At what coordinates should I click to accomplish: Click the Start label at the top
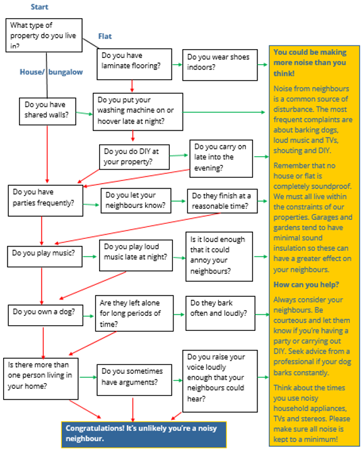[x=39, y=7]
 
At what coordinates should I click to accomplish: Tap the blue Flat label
[x=105, y=37]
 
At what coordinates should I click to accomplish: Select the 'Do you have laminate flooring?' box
[x=134, y=64]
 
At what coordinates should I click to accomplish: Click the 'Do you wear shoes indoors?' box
[x=220, y=65]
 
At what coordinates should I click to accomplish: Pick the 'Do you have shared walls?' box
[x=47, y=112]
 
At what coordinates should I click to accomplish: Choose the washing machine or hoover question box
[x=138, y=112]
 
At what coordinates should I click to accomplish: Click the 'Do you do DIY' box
[x=134, y=157]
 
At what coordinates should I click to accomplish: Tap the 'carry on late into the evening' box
[x=221, y=158]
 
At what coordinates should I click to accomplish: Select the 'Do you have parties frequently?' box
[x=45, y=200]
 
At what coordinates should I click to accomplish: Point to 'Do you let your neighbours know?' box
[x=136, y=200]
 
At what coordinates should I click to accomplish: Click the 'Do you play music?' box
[x=45, y=257]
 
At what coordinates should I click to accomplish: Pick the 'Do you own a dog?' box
[x=45, y=315]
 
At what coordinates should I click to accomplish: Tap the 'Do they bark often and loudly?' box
[x=220, y=313]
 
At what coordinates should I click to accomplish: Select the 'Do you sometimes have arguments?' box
[x=134, y=380]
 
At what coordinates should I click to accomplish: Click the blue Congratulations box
[x=144, y=434]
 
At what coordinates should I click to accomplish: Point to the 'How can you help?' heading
[x=306, y=285]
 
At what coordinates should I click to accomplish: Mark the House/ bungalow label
[x=51, y=72]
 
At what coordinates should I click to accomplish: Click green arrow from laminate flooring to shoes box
[x=177, y=64]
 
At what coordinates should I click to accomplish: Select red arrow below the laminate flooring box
[x=132, y=86]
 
